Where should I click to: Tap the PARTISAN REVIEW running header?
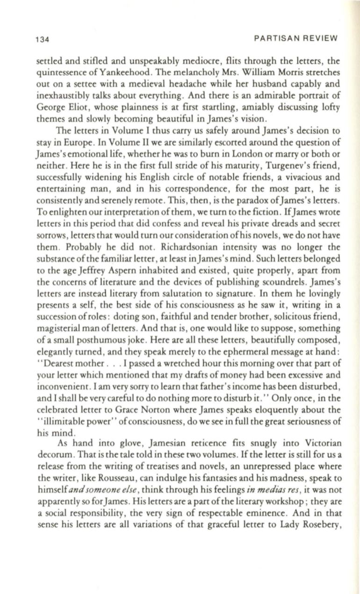(x=296, y=38)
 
